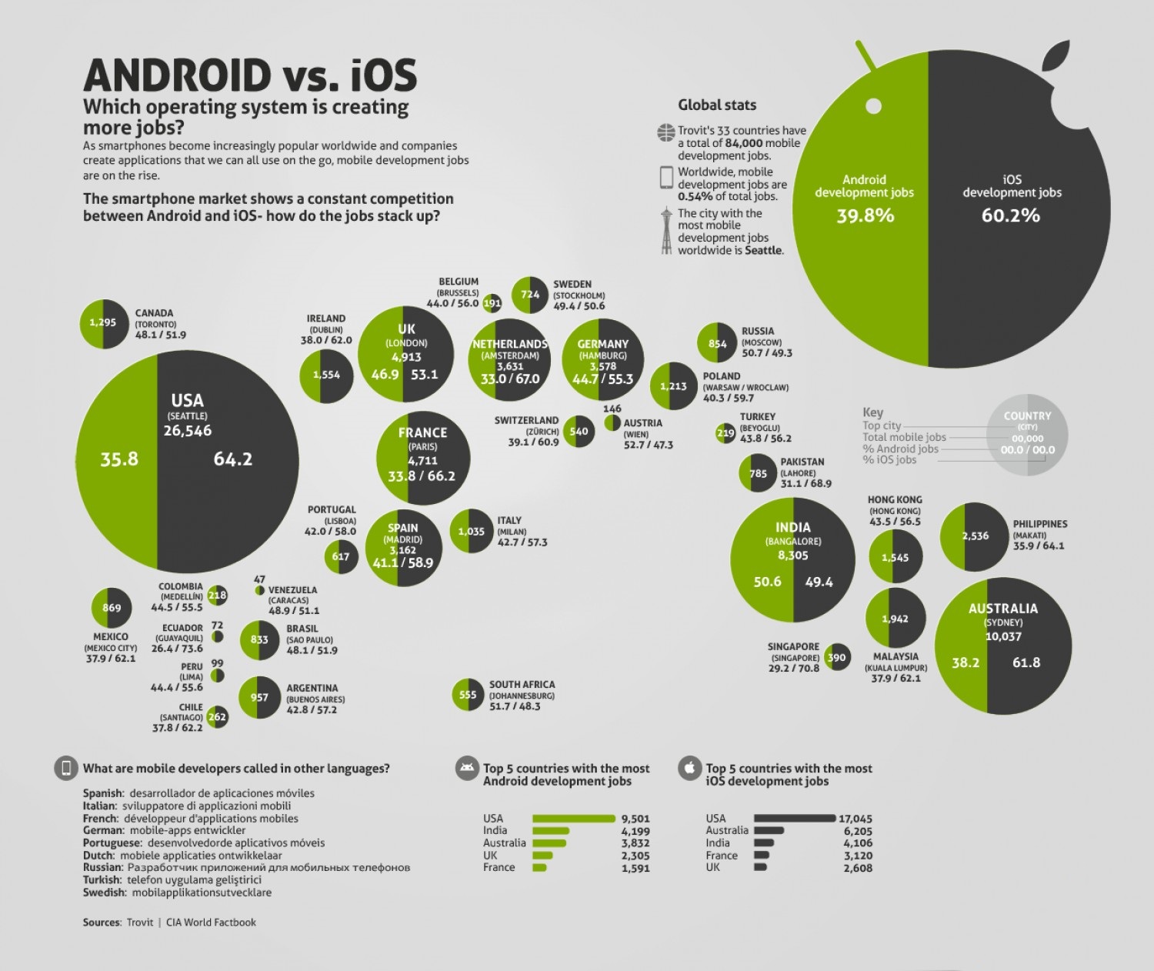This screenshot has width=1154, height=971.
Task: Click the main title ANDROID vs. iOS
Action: pos(249,75)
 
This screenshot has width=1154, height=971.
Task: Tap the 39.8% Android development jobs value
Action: pos(865,215)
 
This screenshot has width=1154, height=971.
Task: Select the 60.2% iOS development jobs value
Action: pos(1010,215)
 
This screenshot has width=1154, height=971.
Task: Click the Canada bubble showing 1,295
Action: pos(103,323)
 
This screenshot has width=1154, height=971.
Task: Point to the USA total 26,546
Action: pos(187,431)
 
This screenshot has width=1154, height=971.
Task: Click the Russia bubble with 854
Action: pos(717,344)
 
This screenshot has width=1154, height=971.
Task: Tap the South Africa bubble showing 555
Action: pos(468,695)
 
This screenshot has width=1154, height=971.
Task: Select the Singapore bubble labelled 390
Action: pos(836,657)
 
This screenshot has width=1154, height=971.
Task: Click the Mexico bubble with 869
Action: pos(112,608)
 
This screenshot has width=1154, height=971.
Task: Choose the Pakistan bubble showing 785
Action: pos(758,474)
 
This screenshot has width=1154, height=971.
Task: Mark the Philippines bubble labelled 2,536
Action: pos(975,536)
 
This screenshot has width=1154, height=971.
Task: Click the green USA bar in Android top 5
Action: pos(573,819)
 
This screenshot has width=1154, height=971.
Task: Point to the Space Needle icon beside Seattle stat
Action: pos(666,230)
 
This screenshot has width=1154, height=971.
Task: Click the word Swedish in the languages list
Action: pos(103,893)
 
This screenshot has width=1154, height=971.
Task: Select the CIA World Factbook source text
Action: pos(211,923)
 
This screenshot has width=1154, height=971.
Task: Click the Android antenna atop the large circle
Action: pos(866,55)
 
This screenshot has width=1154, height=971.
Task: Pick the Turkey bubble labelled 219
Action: pos(725,433)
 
